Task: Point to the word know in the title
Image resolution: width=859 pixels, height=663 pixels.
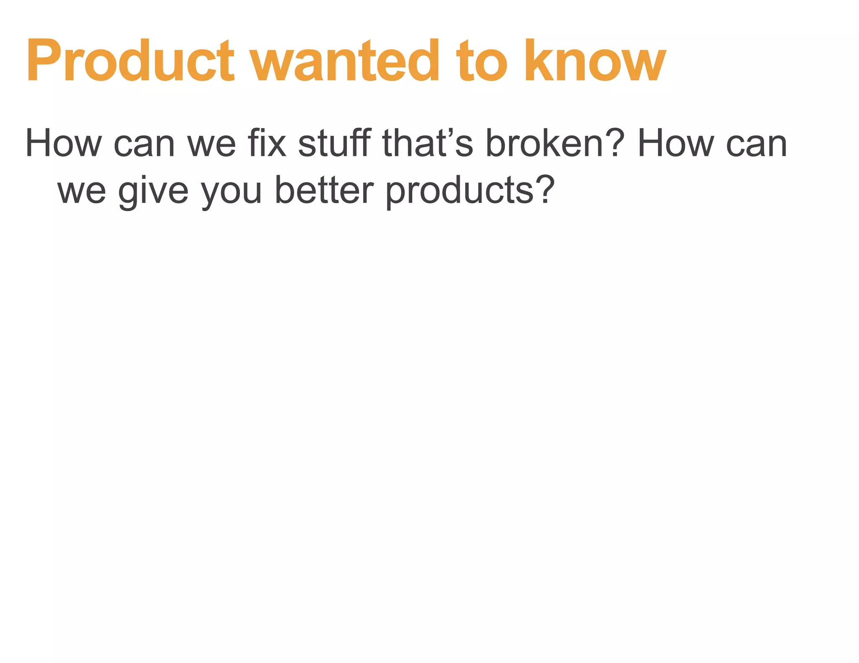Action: point(595,61)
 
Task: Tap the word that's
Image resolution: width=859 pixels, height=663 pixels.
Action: point(428,143)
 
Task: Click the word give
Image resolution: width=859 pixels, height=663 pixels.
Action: point(154,191)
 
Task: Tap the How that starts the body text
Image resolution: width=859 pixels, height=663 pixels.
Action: point(63,143)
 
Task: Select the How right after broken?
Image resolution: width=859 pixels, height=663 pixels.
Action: point(675,143)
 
